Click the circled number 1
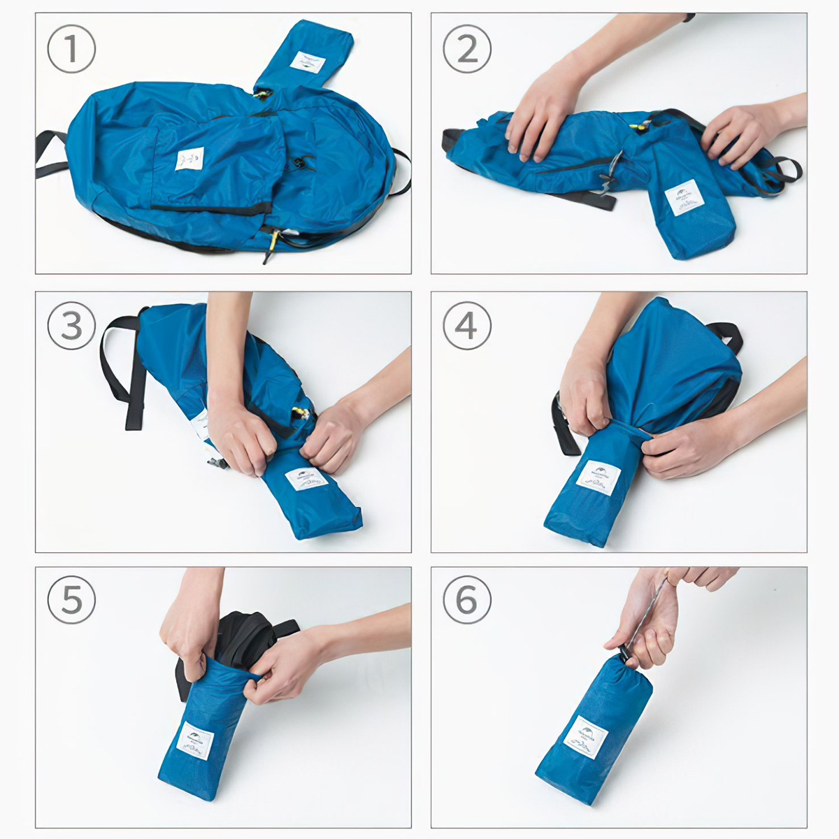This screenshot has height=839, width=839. pos(71,50)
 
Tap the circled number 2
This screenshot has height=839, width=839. pos(467,50)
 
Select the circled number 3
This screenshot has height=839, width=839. pos(71,326)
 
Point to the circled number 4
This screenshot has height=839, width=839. pos(467,326)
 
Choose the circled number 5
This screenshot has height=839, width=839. pos(71,600)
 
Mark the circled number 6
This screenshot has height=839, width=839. pos(467,600)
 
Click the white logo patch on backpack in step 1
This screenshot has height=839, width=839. pos(189,159)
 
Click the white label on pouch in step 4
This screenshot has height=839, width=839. pos(598,478)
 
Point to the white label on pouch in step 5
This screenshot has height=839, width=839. pos(195,741)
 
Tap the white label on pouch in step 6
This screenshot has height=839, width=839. pos(585,736)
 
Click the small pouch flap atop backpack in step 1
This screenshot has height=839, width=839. pos(304,56)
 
